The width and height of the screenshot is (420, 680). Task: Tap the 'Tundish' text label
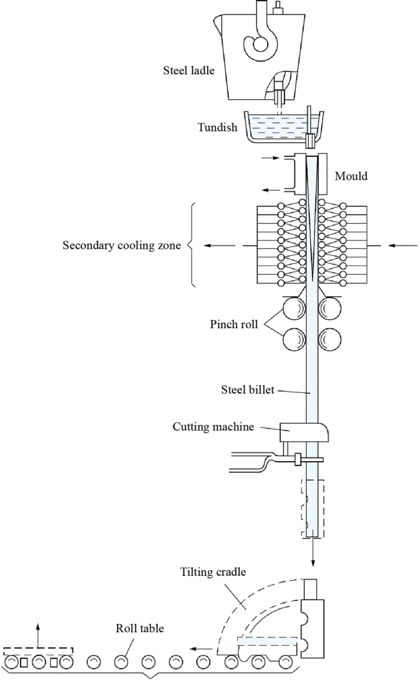(217, 128)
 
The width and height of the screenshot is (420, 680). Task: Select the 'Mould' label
(351, 177)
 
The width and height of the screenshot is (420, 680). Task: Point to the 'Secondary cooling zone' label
(121, 246)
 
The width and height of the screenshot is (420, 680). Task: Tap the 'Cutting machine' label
(213, 427)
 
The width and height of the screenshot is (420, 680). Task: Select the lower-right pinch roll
(330, 340)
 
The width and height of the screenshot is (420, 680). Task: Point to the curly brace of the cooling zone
(191, 245)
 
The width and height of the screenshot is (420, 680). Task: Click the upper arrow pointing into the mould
(270, 158)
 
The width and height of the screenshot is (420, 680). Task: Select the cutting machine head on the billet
(304, 432)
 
